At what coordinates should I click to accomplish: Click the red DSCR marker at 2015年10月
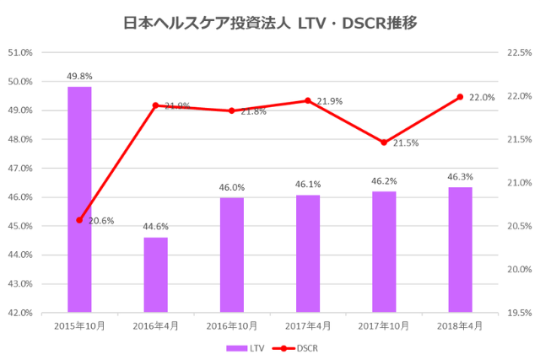click(x=79, y=220)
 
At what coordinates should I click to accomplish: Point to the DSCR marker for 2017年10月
click(x=384, y=142)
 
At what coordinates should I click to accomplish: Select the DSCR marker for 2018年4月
click(x=460, y=97)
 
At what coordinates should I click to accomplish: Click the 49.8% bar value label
click(x=79, y=77)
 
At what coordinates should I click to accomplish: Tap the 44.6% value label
click(x=155, y=227)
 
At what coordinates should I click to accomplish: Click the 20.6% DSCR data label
click(x=101, y=221)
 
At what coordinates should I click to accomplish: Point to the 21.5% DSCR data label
click(x=406, y=143)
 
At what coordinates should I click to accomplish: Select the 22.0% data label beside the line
click(x=482, y=98)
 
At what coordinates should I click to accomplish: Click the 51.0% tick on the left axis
click(x=19, y=52)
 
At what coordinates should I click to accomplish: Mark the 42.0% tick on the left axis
click(x=19, y=313)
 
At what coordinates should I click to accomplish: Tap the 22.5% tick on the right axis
click(x=518, y=52)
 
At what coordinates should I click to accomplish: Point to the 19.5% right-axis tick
click(x=518, y=313)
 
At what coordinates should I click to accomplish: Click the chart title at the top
click(x=270, y=23)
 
